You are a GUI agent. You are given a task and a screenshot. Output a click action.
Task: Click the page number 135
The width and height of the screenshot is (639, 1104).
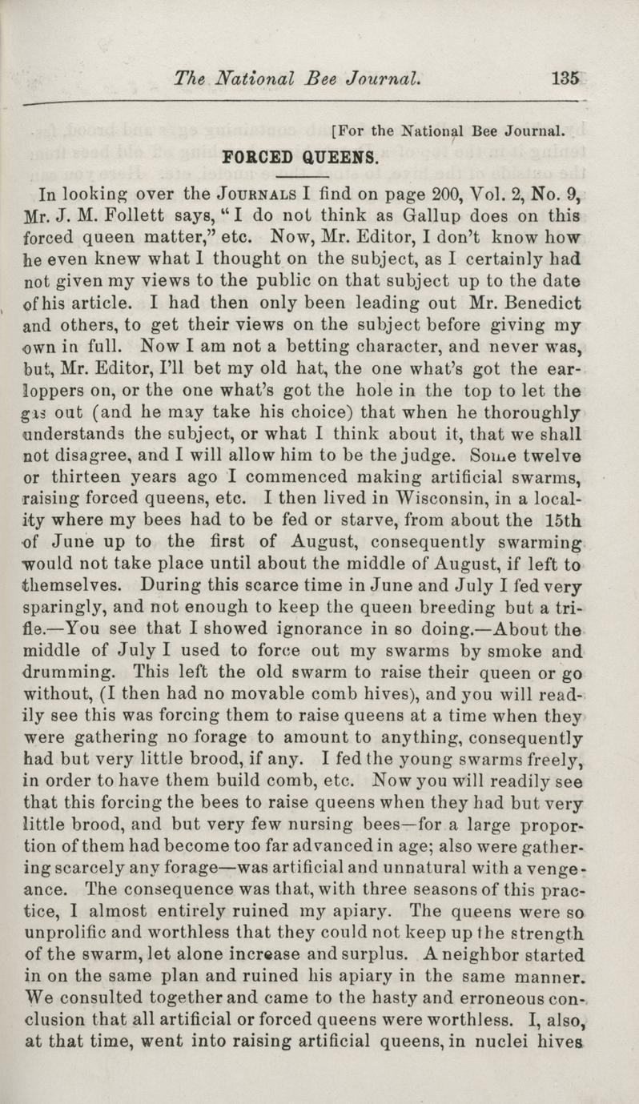point(565,79)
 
